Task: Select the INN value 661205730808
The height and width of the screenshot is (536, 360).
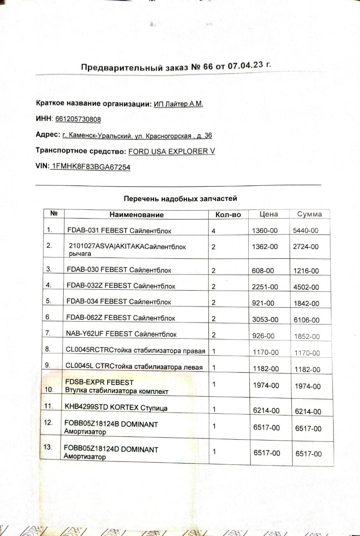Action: pyautogui.click(x=78, y=119)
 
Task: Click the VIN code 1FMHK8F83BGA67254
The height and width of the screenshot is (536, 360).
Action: pyautogui.click(x=90, y=167)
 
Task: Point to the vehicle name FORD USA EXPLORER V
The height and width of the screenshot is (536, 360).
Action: pyautogui.click(x=171, y=151)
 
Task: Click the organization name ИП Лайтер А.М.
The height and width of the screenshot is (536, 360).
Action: pyautogui.click(x=178, y=104)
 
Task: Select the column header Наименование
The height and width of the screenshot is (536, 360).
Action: pyautogui.click(x=136, y=214)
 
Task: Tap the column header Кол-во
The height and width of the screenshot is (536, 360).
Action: pyautogui.click(x=228, y=214)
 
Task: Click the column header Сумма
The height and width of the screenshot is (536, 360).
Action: pyautogui.click(x=309, y=214)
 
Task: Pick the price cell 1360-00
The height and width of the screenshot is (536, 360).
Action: pyautogui.click(x=265, y=230)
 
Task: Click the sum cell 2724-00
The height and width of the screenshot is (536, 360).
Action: pyautogui.click(x=306, y=247)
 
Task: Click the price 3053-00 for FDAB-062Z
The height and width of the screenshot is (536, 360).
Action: pyautogui.click(x=265, y=320)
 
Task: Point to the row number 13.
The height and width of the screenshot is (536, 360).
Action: pyautogui.click(x=48, y=447)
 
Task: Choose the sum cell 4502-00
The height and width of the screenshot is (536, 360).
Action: pyautogui.click(x=306, y=287)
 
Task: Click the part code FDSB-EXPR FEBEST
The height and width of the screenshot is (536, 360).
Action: pyautogui.click(x=100, y=382)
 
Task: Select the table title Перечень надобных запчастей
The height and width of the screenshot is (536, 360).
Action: pyautogui.click(x=180, y=198)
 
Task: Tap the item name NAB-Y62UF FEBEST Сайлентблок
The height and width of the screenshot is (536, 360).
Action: pyautogui.click(x=121, y=334)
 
